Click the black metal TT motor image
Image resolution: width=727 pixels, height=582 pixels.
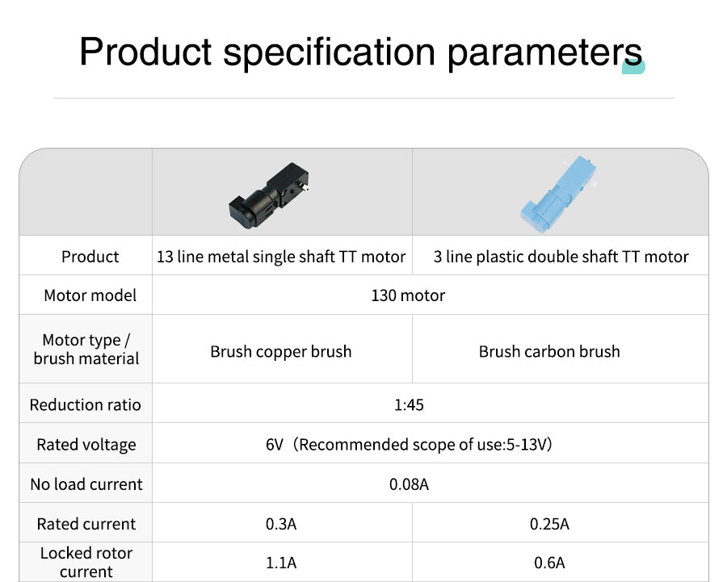(x=269, y=195)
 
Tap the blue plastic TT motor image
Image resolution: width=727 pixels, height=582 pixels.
(x=558, y=193)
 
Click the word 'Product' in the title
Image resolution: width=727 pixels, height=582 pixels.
(x=145, y=52)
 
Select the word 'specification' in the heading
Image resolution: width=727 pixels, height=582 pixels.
(x=330, y=52)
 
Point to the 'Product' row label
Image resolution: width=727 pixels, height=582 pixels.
(x=90, y=257)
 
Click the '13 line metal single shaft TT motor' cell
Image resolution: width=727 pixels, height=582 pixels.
(x=281, y=257)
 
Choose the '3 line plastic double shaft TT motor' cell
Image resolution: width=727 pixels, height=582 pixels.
(x=561, y=257)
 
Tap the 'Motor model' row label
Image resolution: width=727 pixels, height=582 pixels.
(x=90, y=295)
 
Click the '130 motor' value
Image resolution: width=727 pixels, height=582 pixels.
(x=408, y=295)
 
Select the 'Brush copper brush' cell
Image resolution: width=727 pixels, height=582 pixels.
(x=281, y=352)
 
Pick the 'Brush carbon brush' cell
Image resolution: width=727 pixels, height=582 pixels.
(x=549, y=352)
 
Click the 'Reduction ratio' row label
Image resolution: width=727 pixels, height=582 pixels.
(x=86, y=405)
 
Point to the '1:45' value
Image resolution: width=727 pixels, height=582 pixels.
(x=409, y=405)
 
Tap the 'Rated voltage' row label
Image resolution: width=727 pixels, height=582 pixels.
(x=86, y=445)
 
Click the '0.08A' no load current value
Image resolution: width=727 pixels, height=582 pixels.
(x=409, y=484)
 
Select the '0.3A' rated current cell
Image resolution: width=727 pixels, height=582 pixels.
(x=281, y=524)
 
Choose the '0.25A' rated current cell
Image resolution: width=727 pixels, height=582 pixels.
(x=549, y=524)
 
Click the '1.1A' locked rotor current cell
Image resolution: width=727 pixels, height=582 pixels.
(x=281, y=563)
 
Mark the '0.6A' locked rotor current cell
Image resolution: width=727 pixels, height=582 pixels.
(x=549, y=563)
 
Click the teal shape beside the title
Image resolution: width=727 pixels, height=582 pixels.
(x=634, y=67)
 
